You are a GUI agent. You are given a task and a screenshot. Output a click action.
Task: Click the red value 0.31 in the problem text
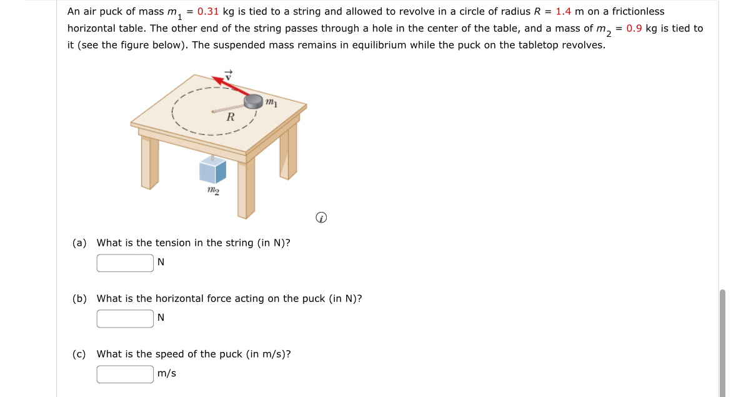(208, 11)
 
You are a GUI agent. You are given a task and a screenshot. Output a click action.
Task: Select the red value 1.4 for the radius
(564, 11)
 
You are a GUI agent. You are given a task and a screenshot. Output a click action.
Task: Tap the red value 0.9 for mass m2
(634, 28)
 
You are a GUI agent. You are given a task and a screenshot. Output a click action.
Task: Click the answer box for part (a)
(125, 263)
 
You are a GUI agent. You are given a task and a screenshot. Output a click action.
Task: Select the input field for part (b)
(125, 318)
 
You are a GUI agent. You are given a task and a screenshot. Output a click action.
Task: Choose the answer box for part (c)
(125, 374)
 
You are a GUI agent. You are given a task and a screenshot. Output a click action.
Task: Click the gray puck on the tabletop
(254, 101)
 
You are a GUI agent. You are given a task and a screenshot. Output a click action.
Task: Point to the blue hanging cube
(212, 170)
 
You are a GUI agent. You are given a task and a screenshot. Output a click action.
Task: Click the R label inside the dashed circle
(231, 117)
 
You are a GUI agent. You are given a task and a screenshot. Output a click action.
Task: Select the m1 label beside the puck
(271, 102)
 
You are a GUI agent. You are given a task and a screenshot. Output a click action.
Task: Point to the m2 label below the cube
(212, 190)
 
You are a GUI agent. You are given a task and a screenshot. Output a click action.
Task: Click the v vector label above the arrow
(229, 73)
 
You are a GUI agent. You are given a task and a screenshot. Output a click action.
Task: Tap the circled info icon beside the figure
(321, 218)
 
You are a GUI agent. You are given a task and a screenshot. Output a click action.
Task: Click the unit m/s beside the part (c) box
(167, 374)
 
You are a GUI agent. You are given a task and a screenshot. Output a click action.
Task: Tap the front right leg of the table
(246, 188)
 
